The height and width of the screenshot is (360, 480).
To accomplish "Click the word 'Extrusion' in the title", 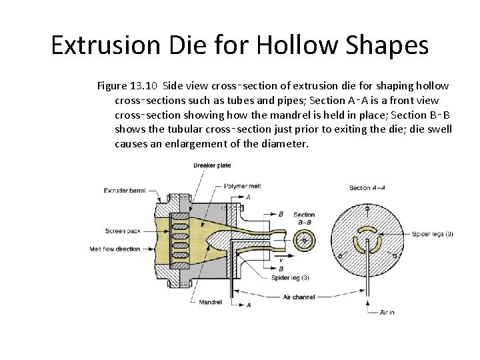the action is [103, 45].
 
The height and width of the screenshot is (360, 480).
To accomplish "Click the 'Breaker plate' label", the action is [212, 165].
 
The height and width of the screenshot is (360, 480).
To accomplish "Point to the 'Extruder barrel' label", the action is [125, 191].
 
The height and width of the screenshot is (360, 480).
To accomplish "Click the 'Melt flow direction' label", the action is [115, 249].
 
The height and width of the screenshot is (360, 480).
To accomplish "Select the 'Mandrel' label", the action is [211, 302].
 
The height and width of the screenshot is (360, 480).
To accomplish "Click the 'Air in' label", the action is [387, 312].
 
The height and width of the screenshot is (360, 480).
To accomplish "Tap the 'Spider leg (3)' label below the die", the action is [291, 277].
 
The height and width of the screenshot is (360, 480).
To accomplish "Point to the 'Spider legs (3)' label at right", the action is [433, 233].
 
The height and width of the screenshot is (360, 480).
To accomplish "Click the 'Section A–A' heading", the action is [368, 188].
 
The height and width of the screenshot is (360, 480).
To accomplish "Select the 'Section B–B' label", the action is [304, 218].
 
